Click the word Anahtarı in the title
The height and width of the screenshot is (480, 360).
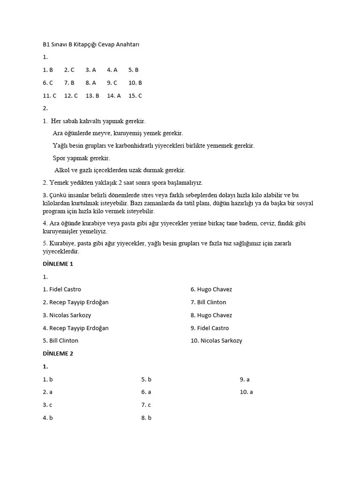click(x=127, y=45)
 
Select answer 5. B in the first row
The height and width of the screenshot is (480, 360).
click(x=134, y=70)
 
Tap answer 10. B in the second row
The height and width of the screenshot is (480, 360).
click(x=135, y=82)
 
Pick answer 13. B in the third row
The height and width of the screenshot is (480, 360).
click(x=92, y=96)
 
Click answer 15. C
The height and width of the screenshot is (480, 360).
click(x=135, y=96)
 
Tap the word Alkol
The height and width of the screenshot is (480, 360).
click(x=62, y=170)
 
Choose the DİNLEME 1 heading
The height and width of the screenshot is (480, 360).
click(x=58, y=264)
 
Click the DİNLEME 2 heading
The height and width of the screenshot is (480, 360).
click(x=58, y=353)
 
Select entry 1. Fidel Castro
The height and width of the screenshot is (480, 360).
click(x=62, y=289)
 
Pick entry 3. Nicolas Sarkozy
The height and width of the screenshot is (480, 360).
click(x=67, y=315)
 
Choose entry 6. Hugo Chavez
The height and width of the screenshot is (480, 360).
click(x=211, y=289)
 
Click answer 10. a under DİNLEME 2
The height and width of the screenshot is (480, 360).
click(x=246, y=392)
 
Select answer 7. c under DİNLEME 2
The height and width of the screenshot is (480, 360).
click(x=146, y=405)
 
